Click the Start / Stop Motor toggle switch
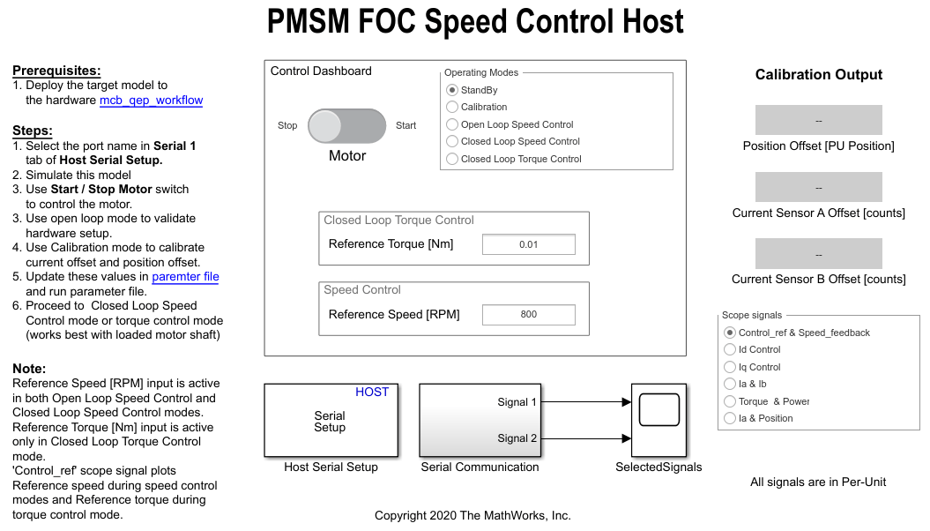pos(347,126)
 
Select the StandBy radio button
pos(452,90)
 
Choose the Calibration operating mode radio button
pos(452,107)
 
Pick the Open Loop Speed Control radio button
pos(452,124)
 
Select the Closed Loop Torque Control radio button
pos(452,159)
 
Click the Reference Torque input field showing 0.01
pos(528,244)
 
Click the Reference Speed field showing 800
pos(528,314)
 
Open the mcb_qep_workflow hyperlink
pos(152,101)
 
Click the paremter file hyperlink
pos(186,276)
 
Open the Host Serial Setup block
pos(331,420)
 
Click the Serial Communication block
pos(480,420)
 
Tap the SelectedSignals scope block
pos(659,420)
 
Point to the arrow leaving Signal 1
pos(586,402)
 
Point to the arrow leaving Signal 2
pos(586,438)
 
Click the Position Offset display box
pos(819,121)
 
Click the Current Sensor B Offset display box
pos(819,254)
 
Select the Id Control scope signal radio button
pos(730,349)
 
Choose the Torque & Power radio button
pos(730,401)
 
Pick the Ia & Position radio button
pos(730,418)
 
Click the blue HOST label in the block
pos(372,393)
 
